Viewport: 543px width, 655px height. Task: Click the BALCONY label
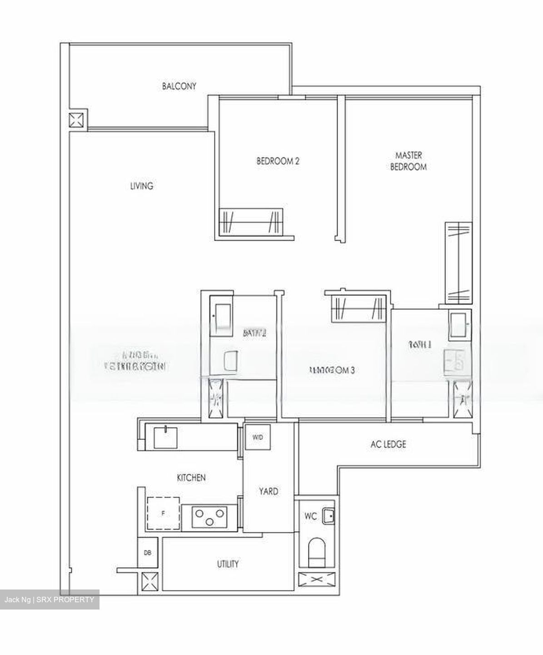click(x=179, y=86)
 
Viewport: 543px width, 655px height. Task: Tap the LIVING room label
click(x=142, y=186)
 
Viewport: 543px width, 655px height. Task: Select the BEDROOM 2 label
click(x=278, y=161)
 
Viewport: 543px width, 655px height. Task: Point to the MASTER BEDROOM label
click(x=408, y=161)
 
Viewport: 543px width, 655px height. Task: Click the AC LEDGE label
click(x=388, y=444)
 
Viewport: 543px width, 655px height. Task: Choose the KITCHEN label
click(x=191, y=478)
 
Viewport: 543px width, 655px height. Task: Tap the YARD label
click(x=269, y=492)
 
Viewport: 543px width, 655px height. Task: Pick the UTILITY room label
click(x=228, y=564)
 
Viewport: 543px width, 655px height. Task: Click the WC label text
click(x=310, y=516)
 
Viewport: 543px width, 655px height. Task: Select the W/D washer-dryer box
click(x=258, y=437)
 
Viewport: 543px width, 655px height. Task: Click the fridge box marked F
click(x=163, y=514)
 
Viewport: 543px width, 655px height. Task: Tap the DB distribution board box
click(x=148, y=553)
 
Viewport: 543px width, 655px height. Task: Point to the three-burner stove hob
click(x=209, y=517)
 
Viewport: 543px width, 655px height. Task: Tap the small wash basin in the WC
click(x=328, y=516)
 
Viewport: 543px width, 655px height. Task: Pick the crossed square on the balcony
click(x=77, y=120)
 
